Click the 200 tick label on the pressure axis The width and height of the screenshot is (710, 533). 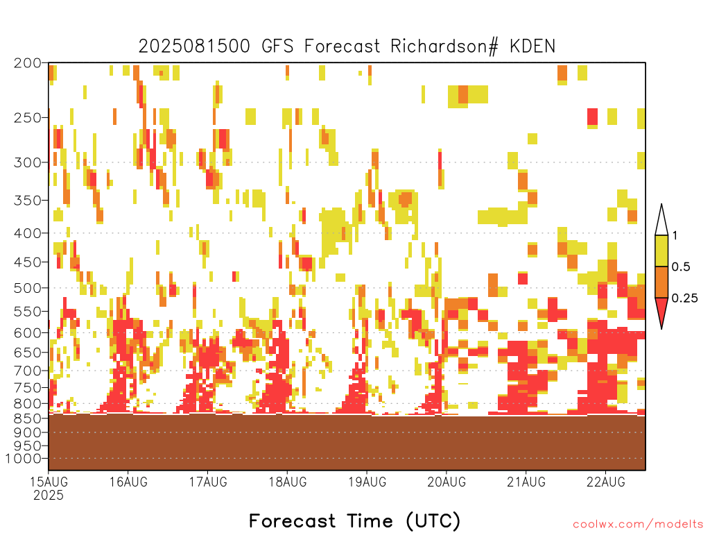[28, 63]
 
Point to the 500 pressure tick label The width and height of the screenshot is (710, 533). [28, 288]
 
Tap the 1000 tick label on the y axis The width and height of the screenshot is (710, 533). [24, 459]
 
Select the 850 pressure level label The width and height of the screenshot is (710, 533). [28, 418]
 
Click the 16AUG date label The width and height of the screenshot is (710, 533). [128, 482]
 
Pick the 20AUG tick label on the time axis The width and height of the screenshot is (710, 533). [447, 482]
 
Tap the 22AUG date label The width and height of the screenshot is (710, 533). [606, 482]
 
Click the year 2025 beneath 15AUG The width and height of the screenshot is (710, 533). [49, 496]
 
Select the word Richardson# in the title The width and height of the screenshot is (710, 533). [444, 46]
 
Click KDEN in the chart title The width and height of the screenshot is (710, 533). [532, 46]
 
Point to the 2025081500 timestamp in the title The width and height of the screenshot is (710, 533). [194, 46]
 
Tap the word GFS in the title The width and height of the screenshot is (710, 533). [277, 46]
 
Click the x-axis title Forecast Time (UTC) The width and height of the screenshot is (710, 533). [354, 521]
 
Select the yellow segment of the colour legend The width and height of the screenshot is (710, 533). [661, 251]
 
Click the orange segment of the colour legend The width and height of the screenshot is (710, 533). [661, 282]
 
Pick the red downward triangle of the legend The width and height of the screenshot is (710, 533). [661, 311]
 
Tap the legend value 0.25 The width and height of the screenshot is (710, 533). [684, 298]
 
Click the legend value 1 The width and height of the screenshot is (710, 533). [675, 236]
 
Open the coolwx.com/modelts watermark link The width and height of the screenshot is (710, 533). [638, 525]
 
